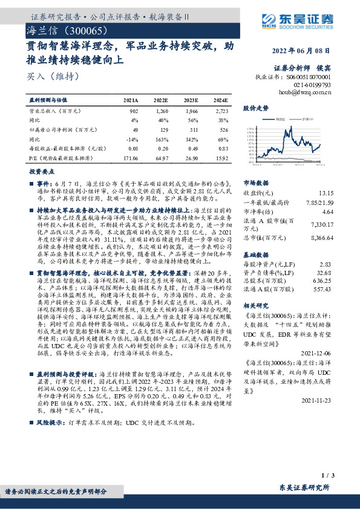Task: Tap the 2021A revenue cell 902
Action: click(133, 111)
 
